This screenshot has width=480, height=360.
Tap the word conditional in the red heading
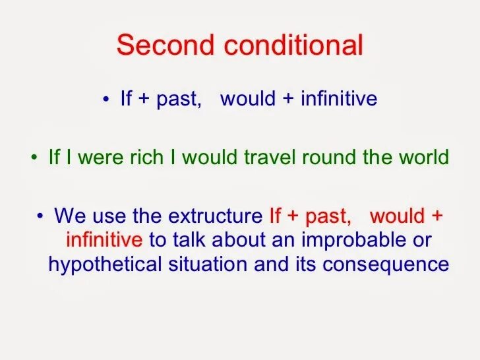click(293, 45)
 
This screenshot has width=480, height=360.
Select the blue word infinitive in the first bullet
click(339, 100)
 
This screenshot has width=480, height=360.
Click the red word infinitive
click(104, 240)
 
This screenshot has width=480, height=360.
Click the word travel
click(272, 158)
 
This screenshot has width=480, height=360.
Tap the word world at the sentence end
click(422, 158)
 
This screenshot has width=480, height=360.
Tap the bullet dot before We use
click(41, 216)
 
